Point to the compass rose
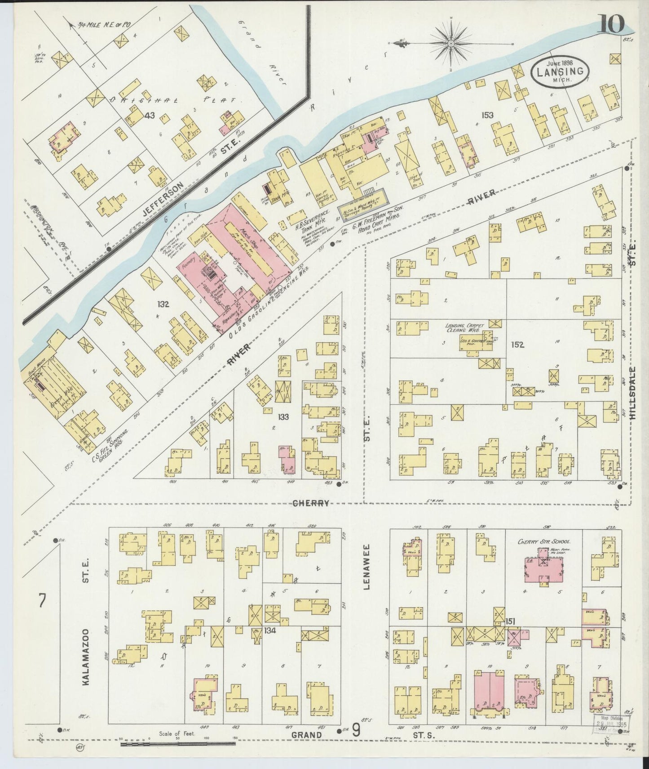click(451, 44)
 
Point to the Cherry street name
click(311, 503)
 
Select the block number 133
click(283, 417)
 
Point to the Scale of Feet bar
click(178, 743)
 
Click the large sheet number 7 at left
click(42, 601)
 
